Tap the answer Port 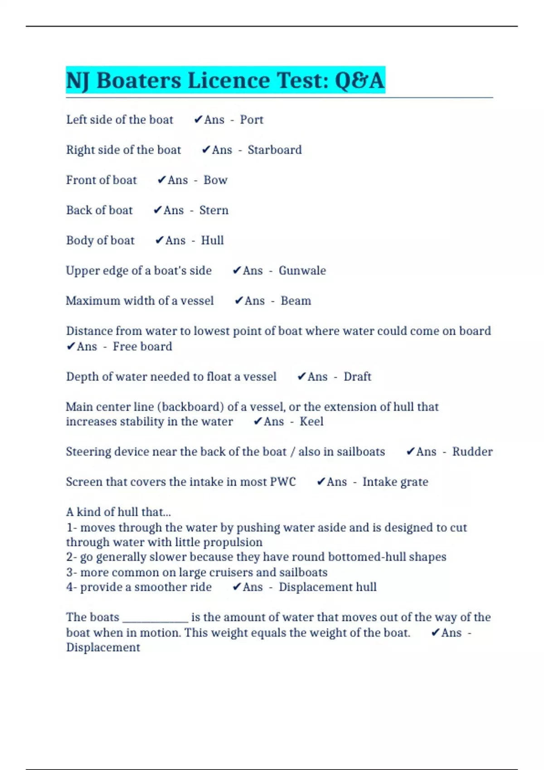(x=252, y=120)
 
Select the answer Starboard (x=274, y=150)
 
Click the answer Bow (x=215, y=180)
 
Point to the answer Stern (x=214, y=210)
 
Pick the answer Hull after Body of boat (x=212, y=241)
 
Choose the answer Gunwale (x=302, y=271)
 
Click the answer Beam (x=296, y=301)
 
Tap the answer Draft (x=357, y=377)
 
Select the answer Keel (x=311, y=422)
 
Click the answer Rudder (x=472, y=452)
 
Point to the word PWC (x=283, y=482)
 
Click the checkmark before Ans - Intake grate (x=321, y=482)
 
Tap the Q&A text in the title (x=359, y=81)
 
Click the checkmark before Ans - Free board (x=71, y=346)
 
